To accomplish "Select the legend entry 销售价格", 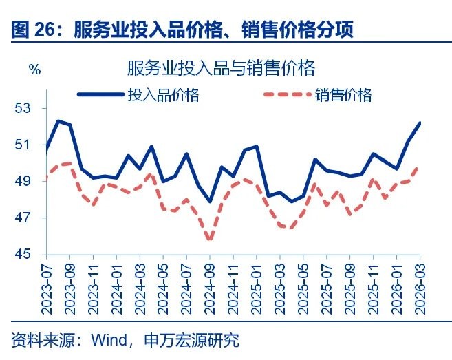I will pyautogui.click(x=344, y=95).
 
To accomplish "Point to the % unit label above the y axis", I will pyautogui.click(x=34, y=69).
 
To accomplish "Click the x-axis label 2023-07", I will pyautogui.click(x=47, y=286).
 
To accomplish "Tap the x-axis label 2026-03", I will pyautogui.click(x=420, y=286).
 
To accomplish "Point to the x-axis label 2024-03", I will pyautogui.click(x=140, y=286).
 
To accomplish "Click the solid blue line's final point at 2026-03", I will pyautogui.click(x=420, y=123).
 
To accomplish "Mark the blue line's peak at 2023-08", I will pyautogui.click(x=58, y=121).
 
